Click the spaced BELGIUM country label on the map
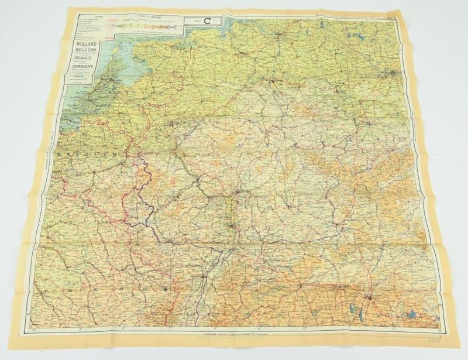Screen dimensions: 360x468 [93, 153]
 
